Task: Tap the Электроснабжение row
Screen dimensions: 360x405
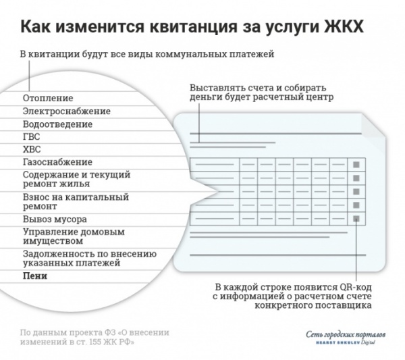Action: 66,111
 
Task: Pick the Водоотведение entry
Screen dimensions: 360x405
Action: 57,124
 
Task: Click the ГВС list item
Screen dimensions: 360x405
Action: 31,137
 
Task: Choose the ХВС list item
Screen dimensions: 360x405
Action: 31,149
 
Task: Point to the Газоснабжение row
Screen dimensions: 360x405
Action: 57,162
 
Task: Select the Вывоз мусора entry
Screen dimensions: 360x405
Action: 54,220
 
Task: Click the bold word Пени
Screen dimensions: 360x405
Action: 34,276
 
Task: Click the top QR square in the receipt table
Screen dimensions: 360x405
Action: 356,163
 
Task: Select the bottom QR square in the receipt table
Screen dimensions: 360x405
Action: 356,218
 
